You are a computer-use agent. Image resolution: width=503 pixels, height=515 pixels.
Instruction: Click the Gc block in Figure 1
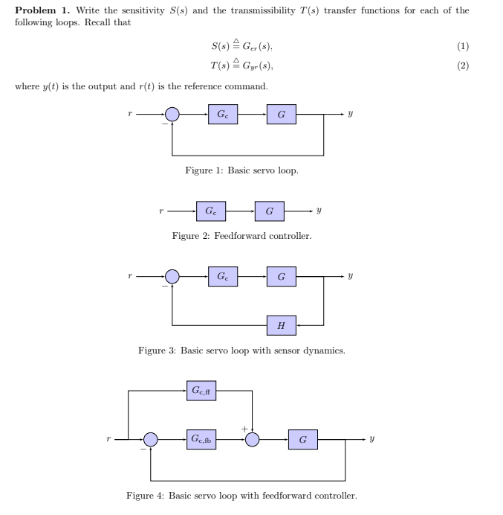click(x=222, y=114)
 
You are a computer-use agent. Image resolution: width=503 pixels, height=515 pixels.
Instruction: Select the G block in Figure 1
click(x=281, y=114)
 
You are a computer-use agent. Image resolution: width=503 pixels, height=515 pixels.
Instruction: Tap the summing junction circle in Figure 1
click(x=172, y=114)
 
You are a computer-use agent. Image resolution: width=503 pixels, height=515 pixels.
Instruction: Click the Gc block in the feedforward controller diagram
click(x=211, y=211)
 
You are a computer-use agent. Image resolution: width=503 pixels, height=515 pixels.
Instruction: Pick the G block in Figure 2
click(x=269, y=211)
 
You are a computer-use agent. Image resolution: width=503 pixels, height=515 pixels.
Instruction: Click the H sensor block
click(x=281, y=325)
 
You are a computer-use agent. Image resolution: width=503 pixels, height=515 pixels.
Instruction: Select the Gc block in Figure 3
click(x=222, y=278)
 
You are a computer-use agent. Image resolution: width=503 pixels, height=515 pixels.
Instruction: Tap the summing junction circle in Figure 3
click(x=172, y=278)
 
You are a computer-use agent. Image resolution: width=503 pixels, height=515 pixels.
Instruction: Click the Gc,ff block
click(x=201, y=389)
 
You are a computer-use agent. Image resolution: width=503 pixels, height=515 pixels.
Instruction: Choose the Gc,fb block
click(x=201, y=440)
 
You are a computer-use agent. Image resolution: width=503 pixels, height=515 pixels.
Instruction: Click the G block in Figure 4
click(x=302, y=440)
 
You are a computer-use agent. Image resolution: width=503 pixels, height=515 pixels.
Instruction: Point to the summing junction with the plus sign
click(x=253, y=440)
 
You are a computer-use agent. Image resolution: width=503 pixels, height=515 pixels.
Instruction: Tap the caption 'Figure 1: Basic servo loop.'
click(x=242, y=170)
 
